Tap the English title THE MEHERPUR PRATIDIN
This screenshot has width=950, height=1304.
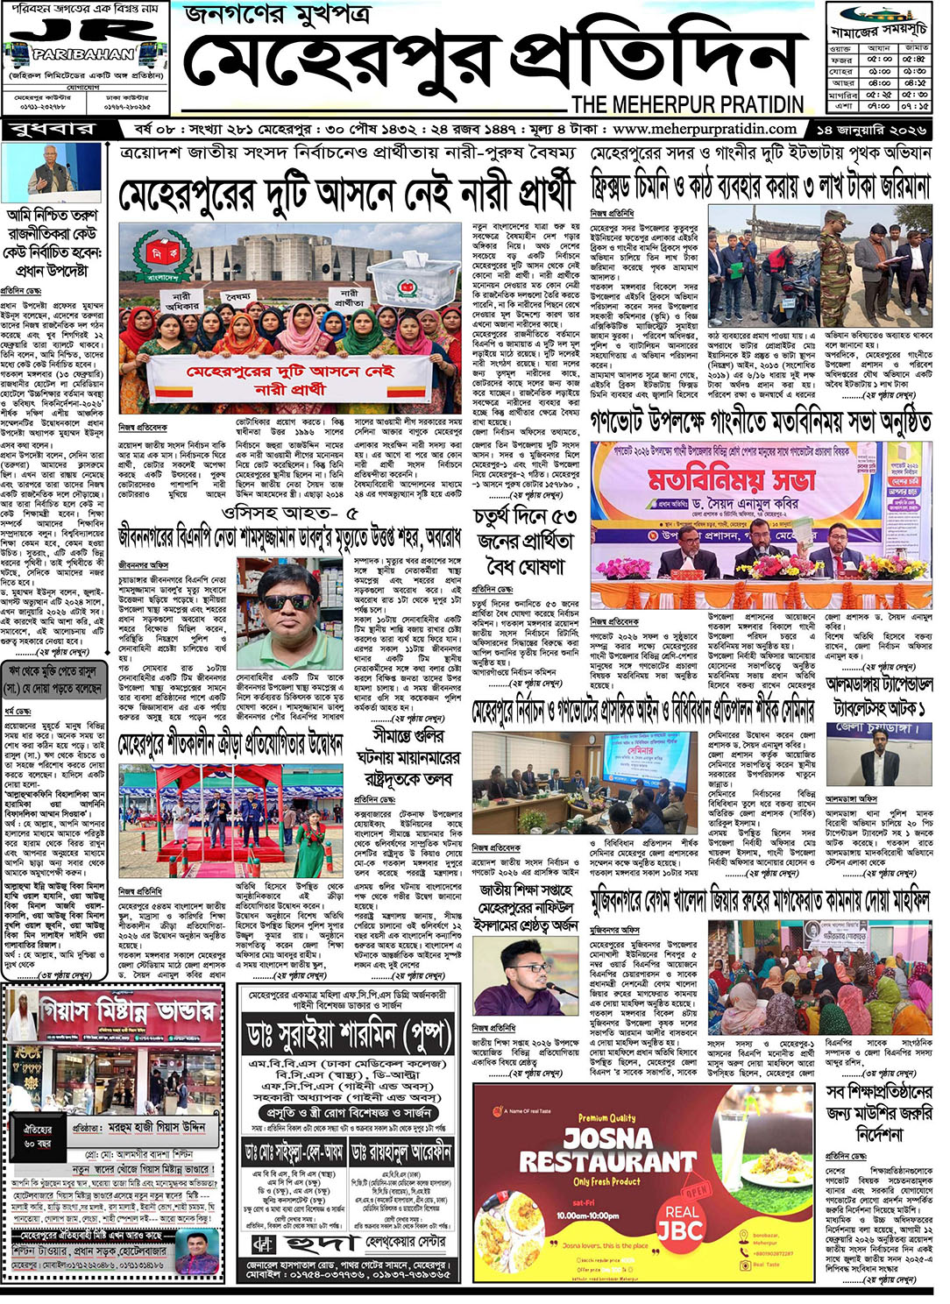(x=687, y=104)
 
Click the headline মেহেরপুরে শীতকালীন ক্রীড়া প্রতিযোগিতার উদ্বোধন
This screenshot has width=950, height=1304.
(x=230, y=746)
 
